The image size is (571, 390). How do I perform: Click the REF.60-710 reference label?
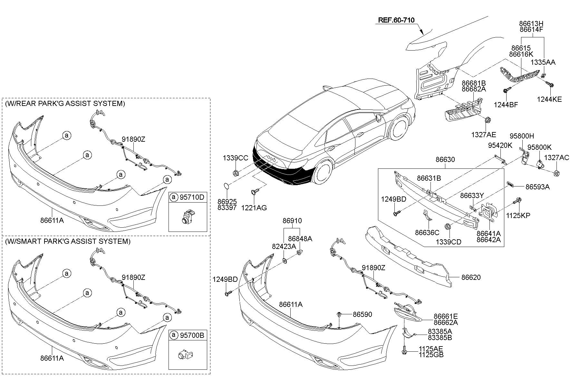396,20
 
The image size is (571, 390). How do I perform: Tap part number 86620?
471,277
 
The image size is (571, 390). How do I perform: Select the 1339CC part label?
236,158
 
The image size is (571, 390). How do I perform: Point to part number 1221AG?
254,208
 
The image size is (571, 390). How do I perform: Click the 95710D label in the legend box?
192,197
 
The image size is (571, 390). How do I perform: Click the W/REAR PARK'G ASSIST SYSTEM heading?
65,103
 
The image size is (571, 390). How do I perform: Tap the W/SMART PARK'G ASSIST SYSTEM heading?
68,241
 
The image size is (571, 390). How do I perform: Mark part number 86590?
362,314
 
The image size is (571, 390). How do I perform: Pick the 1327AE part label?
484,135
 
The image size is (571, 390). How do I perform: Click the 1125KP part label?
518,215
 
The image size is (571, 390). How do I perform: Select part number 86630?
445,159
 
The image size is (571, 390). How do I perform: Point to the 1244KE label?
549,100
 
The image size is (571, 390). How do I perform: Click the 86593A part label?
537,186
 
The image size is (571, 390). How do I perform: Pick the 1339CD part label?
449,242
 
